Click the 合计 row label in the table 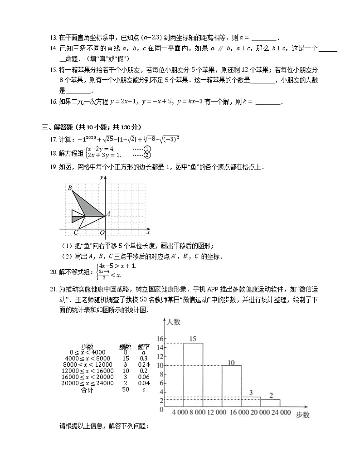pos(87,389)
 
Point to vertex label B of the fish pos(70,188)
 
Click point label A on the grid pos(108,214)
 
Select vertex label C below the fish pos(76,233)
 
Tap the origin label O pos(102,233)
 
